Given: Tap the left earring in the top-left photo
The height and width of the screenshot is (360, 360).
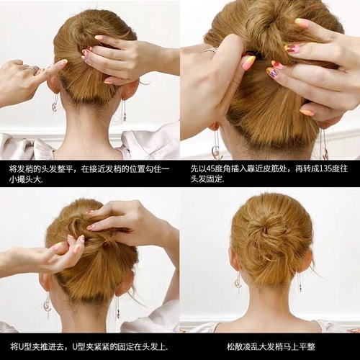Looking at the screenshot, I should [x=55, y=106].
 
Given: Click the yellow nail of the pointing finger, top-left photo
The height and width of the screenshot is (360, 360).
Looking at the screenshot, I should [x=63, y=63].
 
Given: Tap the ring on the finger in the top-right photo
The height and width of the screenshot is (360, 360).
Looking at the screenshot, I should [x=210, y=51].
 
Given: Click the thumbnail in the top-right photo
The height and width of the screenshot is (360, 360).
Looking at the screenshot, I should [x=248, y=63].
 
